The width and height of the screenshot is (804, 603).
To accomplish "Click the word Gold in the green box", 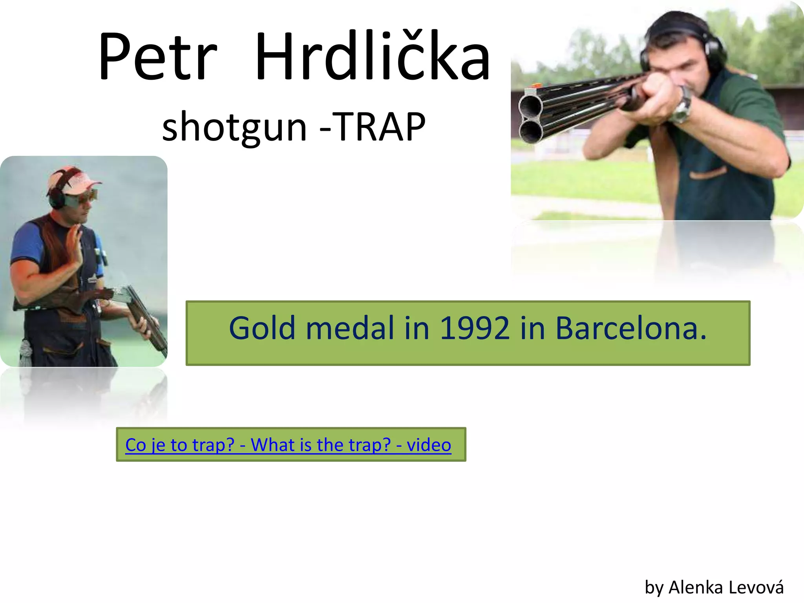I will pyautogui.click(x=262, y=328).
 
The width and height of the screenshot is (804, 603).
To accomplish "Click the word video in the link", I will pyautogui.click(x=429, y=445).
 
